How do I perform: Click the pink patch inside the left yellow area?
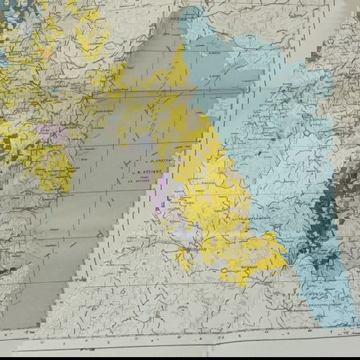point(53,133)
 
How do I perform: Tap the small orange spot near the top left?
point(47,52)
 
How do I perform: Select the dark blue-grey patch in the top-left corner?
point(14,11)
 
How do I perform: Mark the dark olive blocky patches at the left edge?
point(9,144)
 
